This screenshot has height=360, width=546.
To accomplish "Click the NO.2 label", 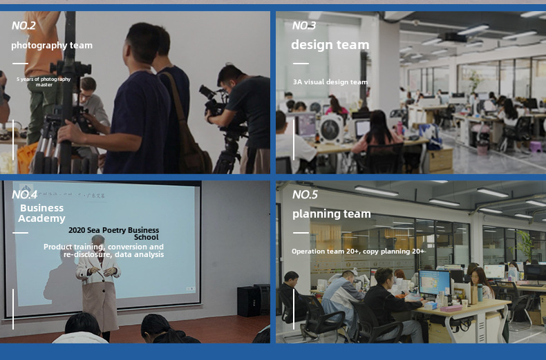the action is [x=23, y=26].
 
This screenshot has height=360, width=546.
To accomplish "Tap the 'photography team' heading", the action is [x=52, y=46].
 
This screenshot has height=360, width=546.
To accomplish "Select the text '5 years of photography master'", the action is [x=44, y=82].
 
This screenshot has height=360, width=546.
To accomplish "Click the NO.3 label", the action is [x=304, y=26].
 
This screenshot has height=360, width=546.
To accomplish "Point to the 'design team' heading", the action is [x=330, y=44].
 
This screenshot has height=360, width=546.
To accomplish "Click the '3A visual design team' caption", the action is [x=330, y=82].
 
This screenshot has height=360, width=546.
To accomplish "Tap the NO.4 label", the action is [x=24, y=194].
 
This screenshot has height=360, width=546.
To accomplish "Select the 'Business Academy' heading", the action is [x=41, y=213].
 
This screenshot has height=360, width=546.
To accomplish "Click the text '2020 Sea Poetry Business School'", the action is [x=114, y=234].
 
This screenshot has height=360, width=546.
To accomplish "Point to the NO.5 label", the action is [x=305, y=194].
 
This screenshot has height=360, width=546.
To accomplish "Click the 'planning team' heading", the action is [x=332, y=214].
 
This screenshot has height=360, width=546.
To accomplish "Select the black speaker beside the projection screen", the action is [x=249, y=301].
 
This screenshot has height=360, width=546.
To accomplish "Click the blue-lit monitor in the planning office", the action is [x=434, y=283].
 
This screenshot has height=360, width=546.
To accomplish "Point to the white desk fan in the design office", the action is [x=331, y=129].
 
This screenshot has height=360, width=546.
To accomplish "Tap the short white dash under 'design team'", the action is [x=301, y=64].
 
